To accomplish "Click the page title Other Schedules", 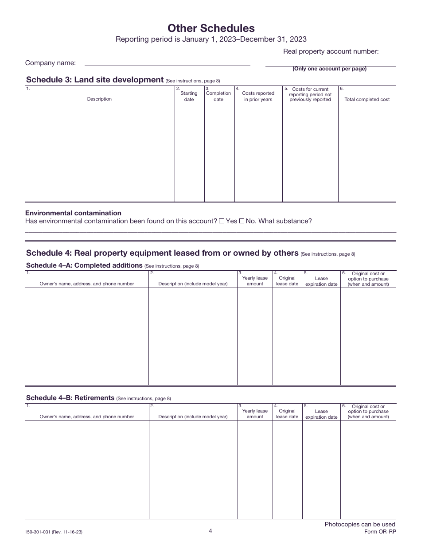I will [x=211, y=28].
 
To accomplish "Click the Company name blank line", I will [x=167, y=63].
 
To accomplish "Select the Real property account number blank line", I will [x=330, y=63].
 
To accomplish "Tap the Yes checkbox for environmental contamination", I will [x=222, y=221].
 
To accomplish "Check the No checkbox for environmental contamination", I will [x=242, y=221].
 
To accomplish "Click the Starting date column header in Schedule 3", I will [x=189, y=96].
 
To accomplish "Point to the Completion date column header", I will [x=218, y=96].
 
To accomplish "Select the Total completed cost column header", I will [x=367, y=99].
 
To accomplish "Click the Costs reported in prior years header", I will [x=258, y=96].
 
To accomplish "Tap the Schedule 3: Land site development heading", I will [x=95, y=80].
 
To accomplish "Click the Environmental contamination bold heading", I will [x=73, y=213].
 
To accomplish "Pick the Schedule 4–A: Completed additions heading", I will [x=84, y=265].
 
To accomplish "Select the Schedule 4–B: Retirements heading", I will [x=70, y=398].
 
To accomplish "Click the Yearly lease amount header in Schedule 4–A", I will [x=255, y=281].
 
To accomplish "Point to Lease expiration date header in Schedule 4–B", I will [x=321, y=414].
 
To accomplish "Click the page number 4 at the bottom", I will [x=210, y=531].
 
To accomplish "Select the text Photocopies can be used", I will [x=360, y=524].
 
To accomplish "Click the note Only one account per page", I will [x=329, y=69].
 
